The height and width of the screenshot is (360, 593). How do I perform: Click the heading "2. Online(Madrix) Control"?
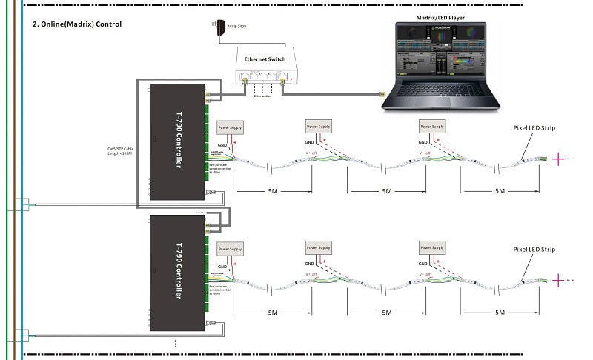coord(77,24)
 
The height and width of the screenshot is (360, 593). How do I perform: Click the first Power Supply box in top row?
coord(229,127)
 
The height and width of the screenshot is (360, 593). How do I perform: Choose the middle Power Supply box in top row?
coord(319,125)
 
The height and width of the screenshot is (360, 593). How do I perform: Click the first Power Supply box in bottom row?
coord(229,250)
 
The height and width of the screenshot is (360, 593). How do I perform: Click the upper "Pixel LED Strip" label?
coord(534,128)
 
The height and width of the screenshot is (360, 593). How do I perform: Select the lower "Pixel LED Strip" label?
coord(534,250)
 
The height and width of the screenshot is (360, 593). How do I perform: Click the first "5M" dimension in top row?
coord(274,191)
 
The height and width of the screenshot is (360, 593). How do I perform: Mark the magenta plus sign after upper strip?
coord(559,158)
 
